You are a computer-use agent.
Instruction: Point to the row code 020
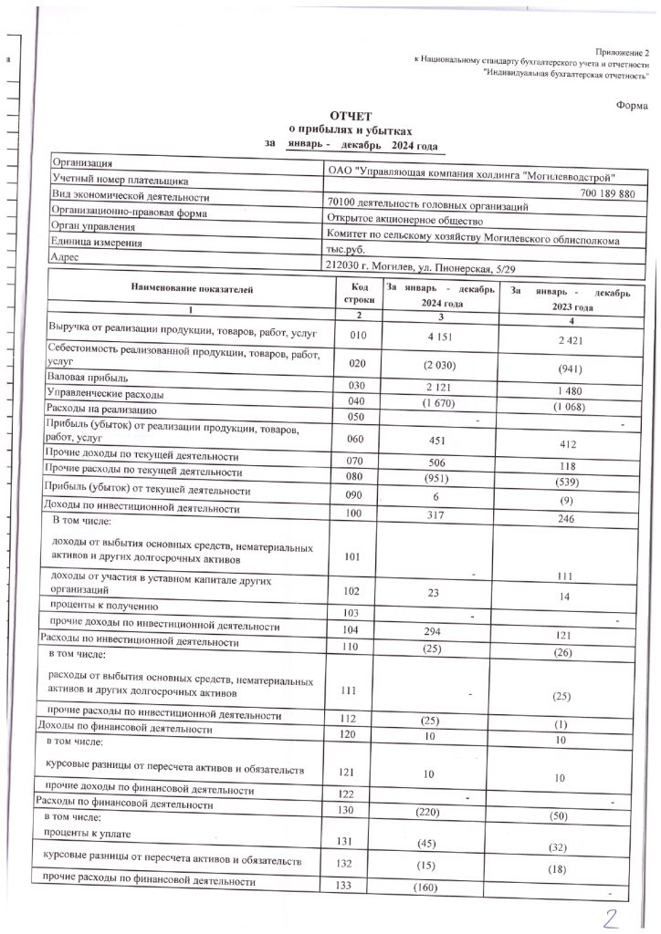[x=358, y=362]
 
